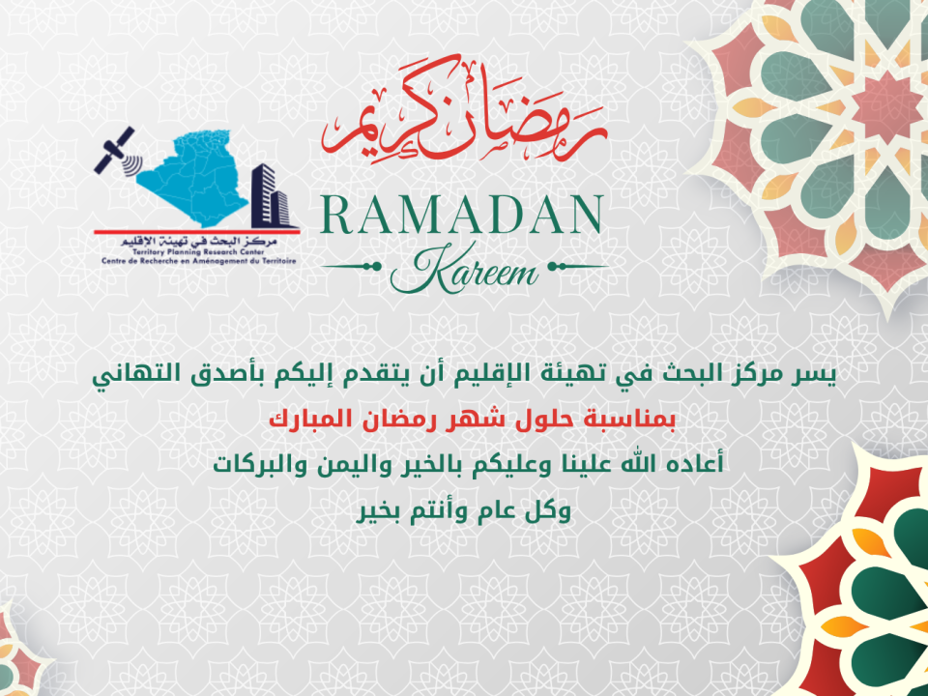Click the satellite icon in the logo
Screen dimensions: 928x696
pos(117,152)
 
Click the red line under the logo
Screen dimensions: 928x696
pos(196,232)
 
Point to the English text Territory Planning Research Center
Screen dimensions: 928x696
pos(198,252)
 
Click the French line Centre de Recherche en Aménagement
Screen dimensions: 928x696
pos(198,260)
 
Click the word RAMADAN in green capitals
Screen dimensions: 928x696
pos(462,215)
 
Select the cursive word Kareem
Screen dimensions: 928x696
pos(464,271)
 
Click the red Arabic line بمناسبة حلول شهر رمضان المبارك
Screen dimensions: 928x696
pos(472,419)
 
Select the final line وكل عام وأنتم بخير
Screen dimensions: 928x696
pos(463,510)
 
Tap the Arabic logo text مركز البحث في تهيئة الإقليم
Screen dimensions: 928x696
pos(199,242)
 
